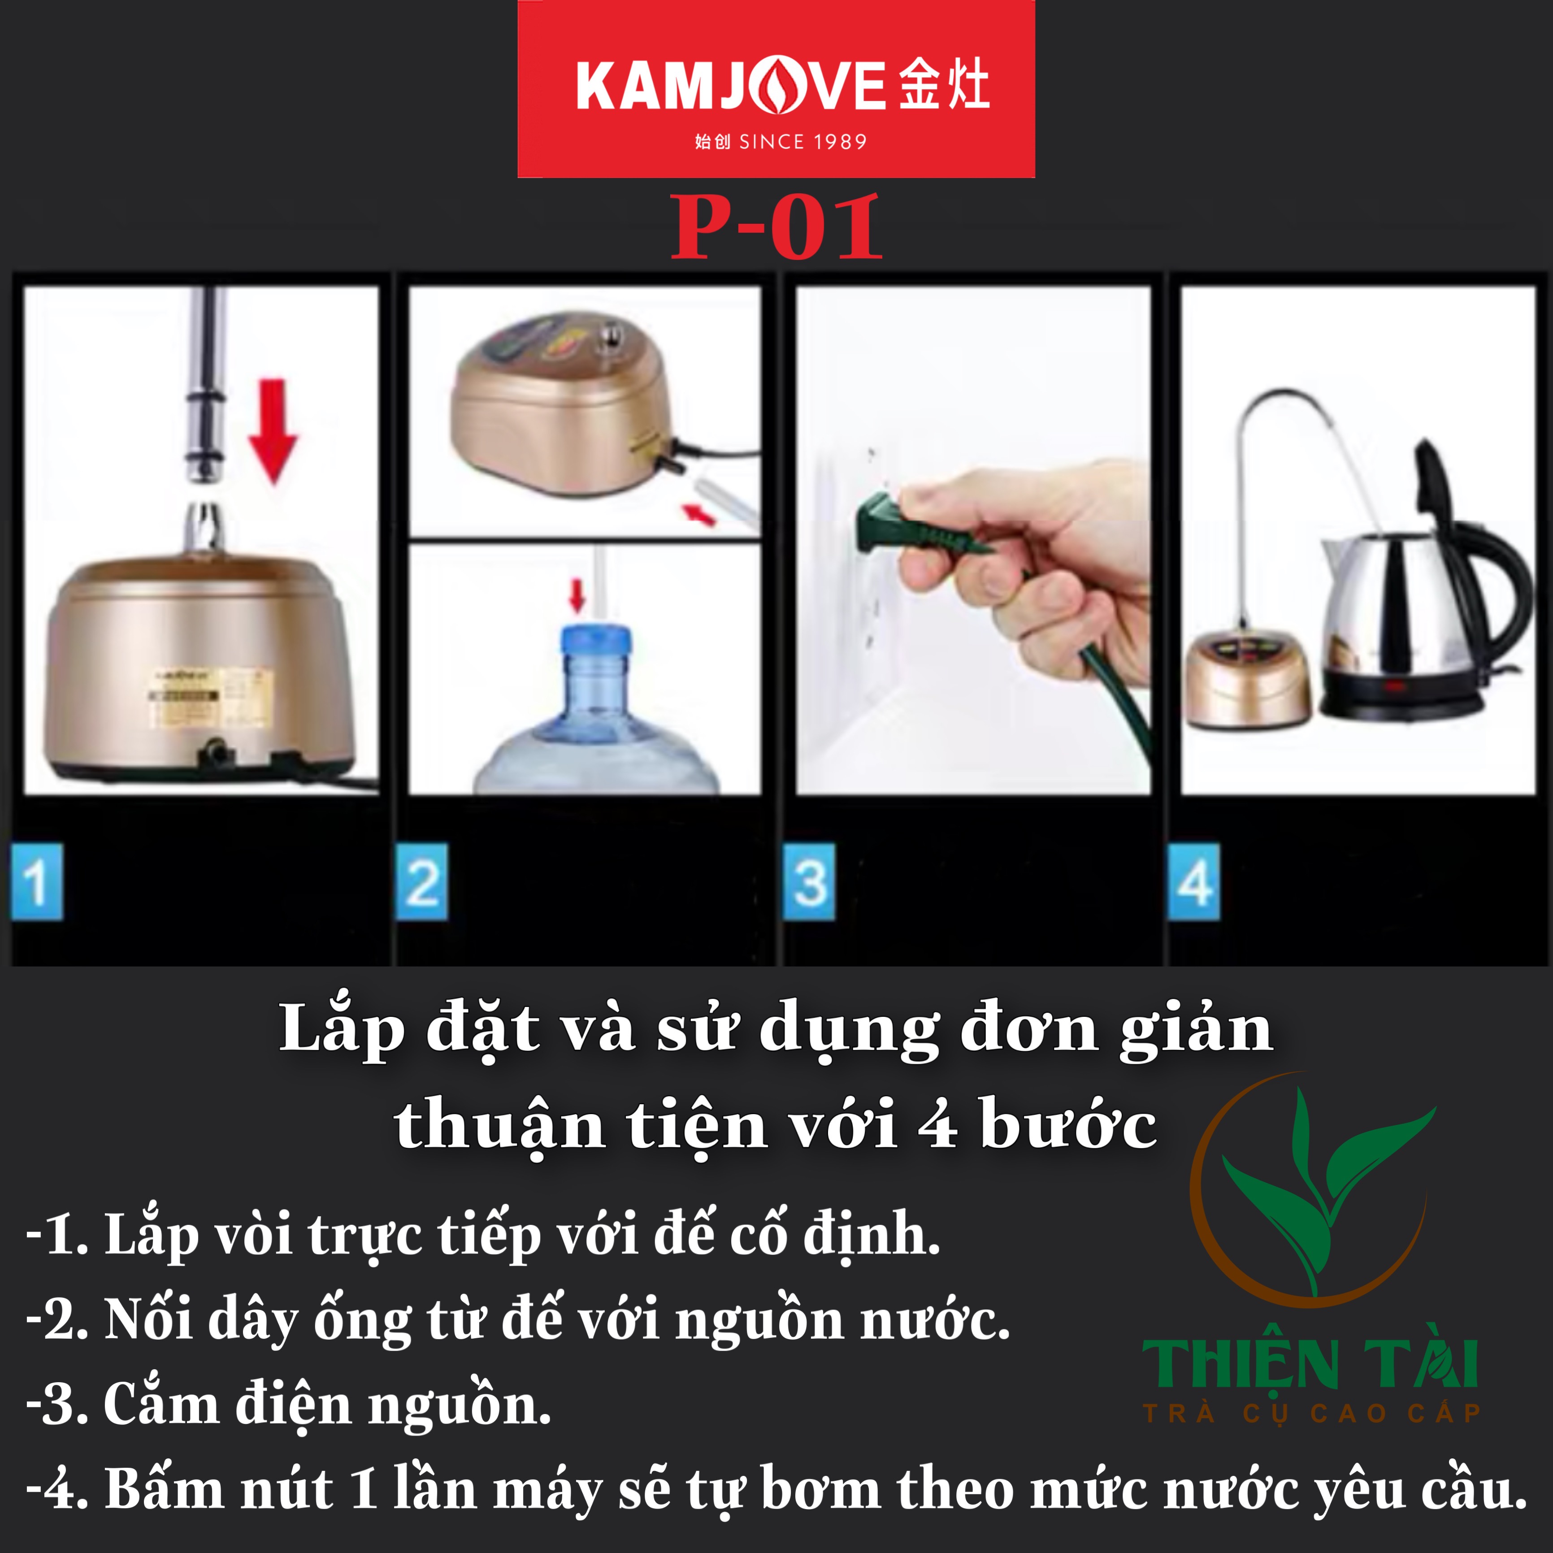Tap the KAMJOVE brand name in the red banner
(x=730, y=87)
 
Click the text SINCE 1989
(x=802, y=142)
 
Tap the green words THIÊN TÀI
(x=1310, y=1364)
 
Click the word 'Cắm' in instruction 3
(x=161, y=1404)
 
